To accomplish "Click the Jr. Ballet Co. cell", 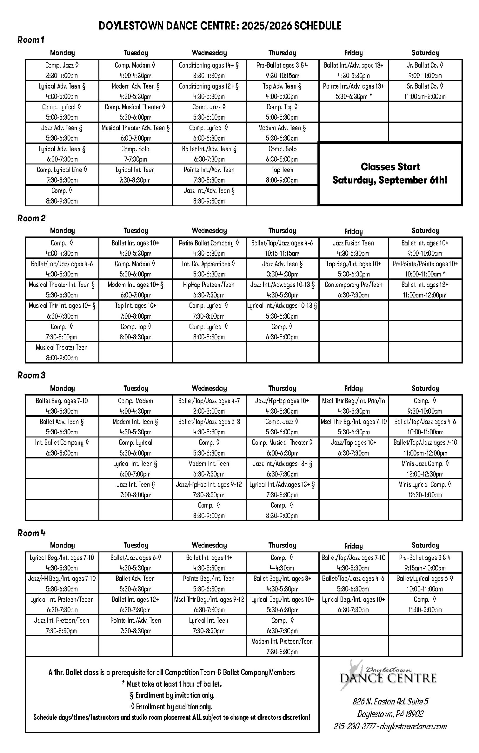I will (x=425, y=70).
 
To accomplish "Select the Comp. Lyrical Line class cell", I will (x=62, y=174).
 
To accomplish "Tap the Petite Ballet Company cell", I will (x=209, y=248).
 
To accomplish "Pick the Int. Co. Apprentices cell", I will (x=209, y=269).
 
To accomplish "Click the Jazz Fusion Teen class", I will (x=353, y=248).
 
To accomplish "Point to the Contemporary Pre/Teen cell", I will (x=353, y=289).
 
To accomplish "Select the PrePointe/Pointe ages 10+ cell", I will (x=425, y=269).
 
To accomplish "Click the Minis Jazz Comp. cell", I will (x=425, y=468).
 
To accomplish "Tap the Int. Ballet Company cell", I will (x=62, y=447).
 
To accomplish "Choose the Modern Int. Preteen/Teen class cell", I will (x=282, y=646).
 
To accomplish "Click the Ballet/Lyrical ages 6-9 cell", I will (x=425, y=583).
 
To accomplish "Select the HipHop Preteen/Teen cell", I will (x=209, y=289).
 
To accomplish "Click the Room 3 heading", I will (x=31, y=375).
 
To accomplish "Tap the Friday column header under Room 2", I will (x=353, y=231).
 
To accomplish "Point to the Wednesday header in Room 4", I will (x=209, y=545).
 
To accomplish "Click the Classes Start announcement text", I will (x=390, y=173).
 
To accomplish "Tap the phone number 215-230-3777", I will (x=355, y=726).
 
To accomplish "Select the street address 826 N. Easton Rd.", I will (x=390, y=702).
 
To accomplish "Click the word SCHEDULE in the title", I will (x=317, y=26).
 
